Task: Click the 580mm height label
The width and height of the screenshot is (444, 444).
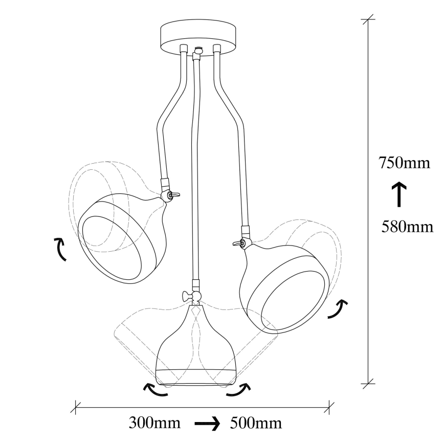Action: point(408,226)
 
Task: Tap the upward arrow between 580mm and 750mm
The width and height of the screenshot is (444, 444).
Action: point(399,194)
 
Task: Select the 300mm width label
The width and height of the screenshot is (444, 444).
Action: point(154,424)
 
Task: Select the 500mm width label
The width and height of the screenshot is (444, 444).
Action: point(256,424)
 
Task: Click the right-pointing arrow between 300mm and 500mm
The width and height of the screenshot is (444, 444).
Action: point(207,424)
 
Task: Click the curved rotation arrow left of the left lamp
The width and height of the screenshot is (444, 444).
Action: point(60,249)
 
